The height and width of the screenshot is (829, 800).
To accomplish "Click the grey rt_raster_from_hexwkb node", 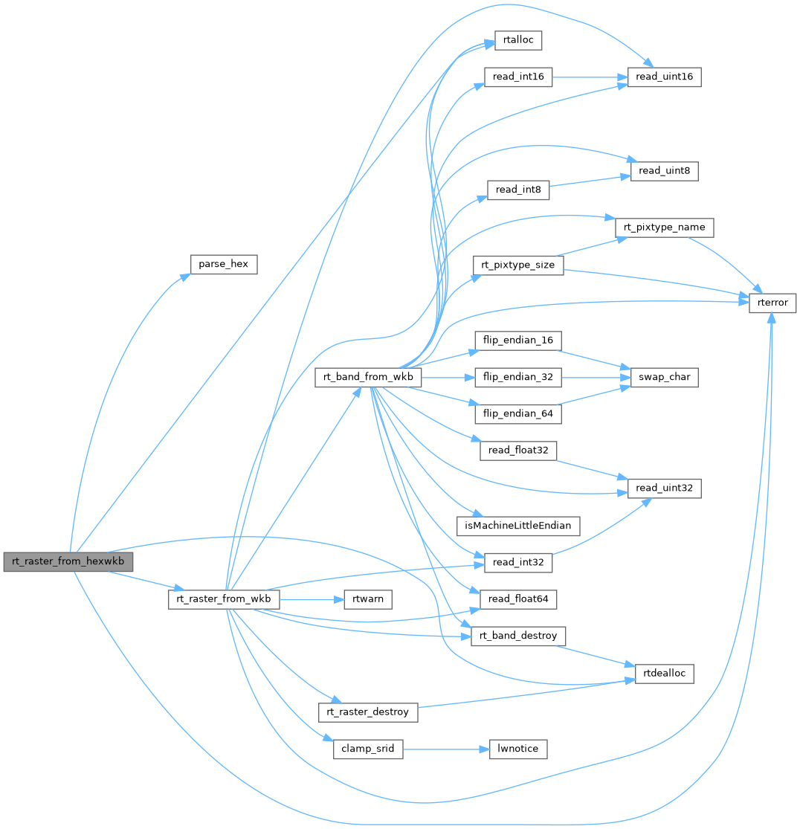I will tap(68, 562).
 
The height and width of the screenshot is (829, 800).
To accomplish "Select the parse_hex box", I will tap(224, 264).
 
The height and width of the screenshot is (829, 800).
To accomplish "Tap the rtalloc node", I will tap(518, 41).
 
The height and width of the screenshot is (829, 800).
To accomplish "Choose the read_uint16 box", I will tap(665, 77).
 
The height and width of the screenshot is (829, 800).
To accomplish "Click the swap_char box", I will tap(664, 378).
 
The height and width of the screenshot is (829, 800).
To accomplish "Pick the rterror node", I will tap(772, 303).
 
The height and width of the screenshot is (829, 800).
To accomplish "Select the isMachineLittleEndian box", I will tap(518, 525).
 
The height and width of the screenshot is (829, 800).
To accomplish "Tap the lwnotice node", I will tap(518, 749).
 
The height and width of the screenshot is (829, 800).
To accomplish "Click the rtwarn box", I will tap(368, 599).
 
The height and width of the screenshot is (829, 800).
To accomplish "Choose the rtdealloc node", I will tap(664, 674).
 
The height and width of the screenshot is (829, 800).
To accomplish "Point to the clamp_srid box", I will tap(367, 749).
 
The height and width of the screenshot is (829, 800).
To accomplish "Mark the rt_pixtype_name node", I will tap(665, 226).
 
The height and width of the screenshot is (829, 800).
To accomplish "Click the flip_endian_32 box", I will tap(518, 378).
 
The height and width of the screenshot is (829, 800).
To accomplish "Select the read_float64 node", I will tap(518, 599).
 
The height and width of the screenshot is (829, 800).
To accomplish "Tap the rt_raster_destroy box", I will tap(368, 712).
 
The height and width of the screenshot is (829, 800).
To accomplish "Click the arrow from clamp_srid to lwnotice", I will tap(445, 749).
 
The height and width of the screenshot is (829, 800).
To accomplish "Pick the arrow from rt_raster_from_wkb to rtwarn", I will tap(311, 599).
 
